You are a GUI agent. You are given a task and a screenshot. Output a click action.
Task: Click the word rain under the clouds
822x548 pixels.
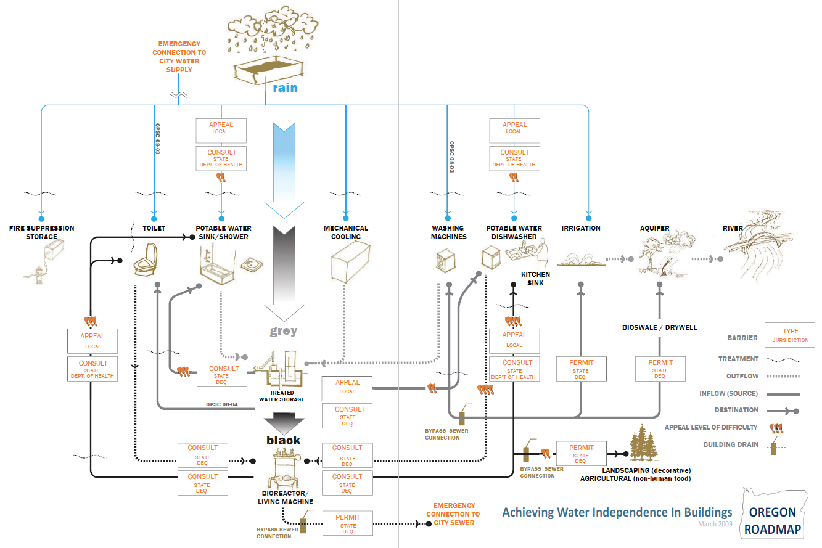[x=285, y=88]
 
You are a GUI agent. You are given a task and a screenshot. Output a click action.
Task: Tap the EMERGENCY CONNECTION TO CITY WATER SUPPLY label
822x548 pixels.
[x=179, y=57]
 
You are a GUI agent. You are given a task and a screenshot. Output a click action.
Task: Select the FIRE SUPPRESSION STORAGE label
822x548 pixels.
[x=41, y=232]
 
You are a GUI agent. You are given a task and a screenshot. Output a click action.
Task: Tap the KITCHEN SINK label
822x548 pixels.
[x=535, y=279]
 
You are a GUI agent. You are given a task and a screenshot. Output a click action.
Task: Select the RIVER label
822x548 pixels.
[x=733, y=228]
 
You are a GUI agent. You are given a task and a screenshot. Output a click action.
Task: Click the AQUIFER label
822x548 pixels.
[x=654, y=228]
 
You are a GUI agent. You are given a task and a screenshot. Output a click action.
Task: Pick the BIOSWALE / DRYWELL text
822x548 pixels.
[x=659, y=327]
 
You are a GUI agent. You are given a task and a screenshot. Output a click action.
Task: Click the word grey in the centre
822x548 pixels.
[x=284, y=331]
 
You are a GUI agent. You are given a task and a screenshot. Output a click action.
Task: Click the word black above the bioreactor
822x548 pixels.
[x=284, y=440]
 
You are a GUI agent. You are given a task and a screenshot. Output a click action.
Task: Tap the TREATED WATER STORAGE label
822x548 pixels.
[x=282, y=396]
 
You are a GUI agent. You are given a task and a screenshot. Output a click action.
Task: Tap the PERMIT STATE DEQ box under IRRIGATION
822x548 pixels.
[x=580, y=369]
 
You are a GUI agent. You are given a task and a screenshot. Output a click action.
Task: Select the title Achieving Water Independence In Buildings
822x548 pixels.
[x=617, y=512]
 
